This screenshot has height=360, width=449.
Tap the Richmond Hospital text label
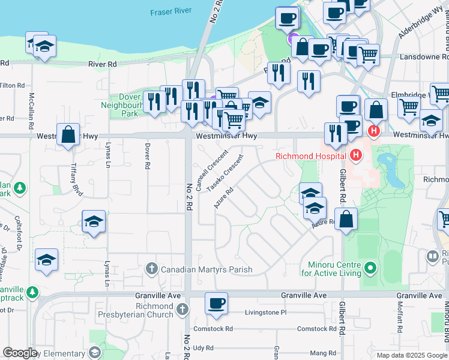[x=310, y=157]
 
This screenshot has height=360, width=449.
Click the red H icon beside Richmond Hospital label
[x=356, y=157]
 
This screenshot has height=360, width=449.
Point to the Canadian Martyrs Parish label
[x=206, y=269]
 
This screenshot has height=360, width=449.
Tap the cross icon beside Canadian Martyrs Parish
[x=152, y=269]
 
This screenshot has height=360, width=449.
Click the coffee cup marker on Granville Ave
[x=216, y=304]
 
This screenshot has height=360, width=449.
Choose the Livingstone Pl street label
[x=267, y=313]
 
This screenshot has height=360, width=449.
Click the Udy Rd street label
[x=203, y=347]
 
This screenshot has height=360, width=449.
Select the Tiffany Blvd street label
[x=76, y=177]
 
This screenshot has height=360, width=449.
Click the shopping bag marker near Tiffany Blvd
[x=68, y=135]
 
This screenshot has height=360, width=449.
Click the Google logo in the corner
[x=20, y=353]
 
